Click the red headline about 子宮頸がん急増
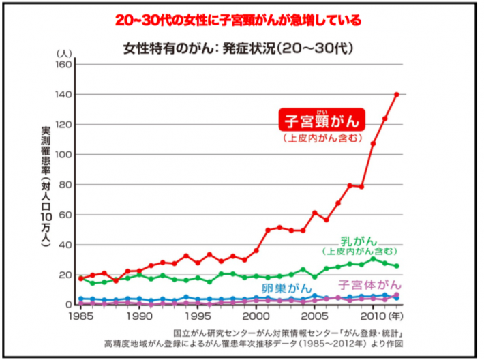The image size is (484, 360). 241,20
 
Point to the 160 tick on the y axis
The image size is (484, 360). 63,65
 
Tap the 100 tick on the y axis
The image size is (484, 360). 63,155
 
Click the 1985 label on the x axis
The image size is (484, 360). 81,317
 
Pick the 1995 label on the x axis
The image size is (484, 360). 198,317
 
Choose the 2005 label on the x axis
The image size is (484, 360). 314,317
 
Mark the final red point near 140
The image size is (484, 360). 396,95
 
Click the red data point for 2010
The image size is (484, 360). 373,144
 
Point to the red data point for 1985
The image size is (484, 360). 81,278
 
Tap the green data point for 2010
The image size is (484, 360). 373,259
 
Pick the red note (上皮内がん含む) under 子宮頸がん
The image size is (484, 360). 322,138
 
